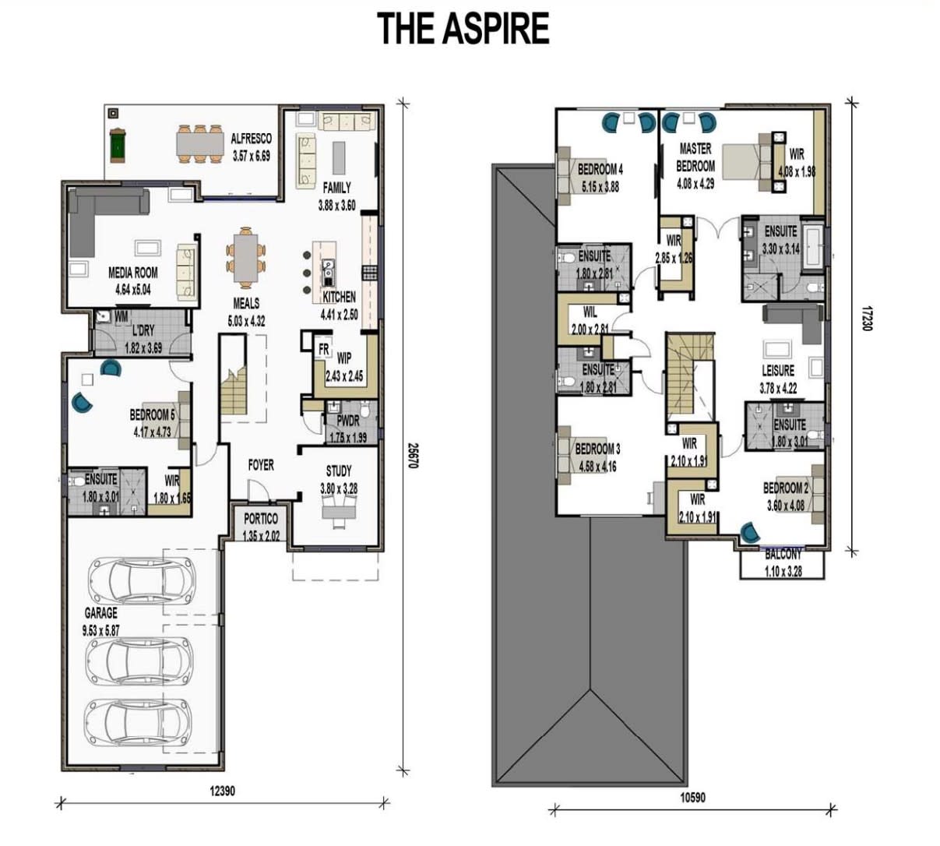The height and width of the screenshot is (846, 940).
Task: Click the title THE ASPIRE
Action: point(463,29)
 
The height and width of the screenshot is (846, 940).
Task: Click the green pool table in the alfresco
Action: point(117,146)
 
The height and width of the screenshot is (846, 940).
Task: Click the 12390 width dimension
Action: point(222,791)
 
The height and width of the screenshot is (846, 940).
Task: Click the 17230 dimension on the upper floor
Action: point(864,318)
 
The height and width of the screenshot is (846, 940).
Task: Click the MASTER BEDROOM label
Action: point(695,157)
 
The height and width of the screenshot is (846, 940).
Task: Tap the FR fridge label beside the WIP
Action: point(323,350)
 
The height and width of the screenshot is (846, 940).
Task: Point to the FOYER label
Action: point(261,465)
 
